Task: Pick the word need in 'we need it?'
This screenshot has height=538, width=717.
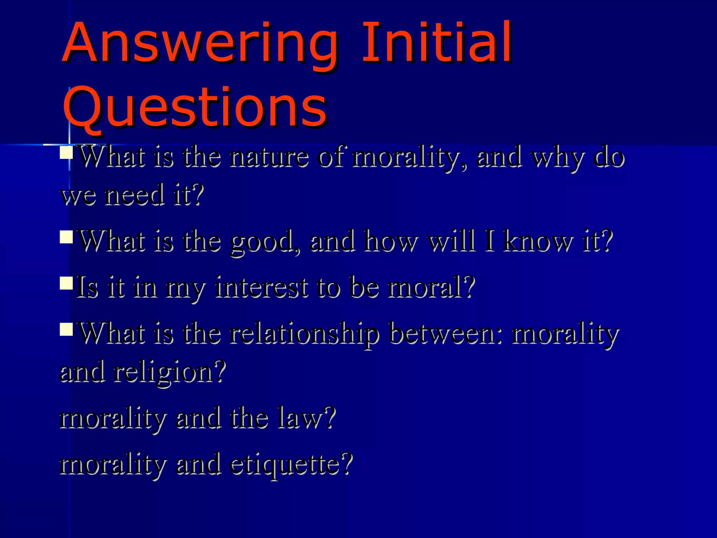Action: tap(135, 195)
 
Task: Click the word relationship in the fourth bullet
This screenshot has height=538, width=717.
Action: tap(304, 334)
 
